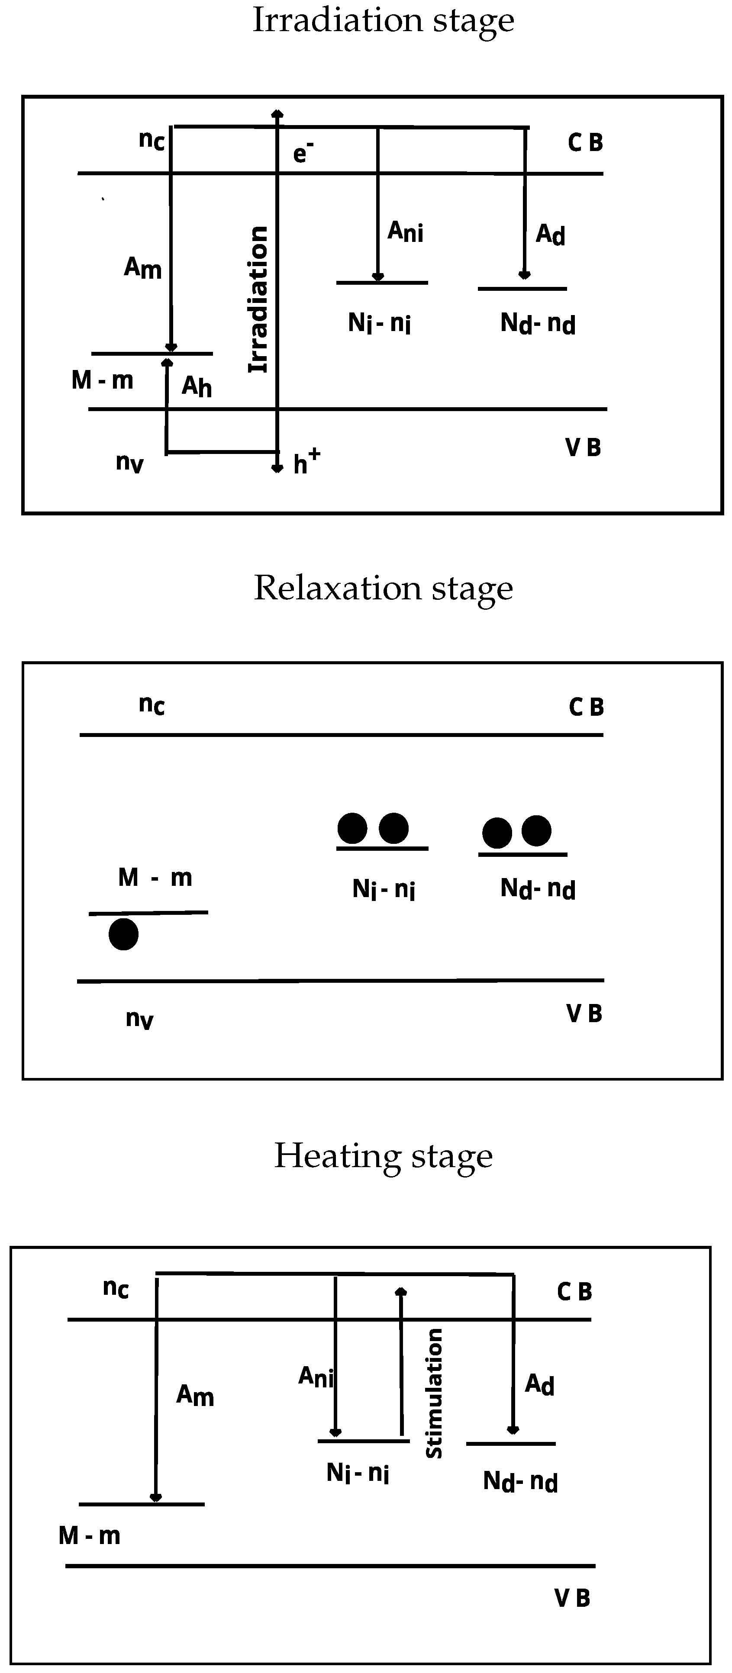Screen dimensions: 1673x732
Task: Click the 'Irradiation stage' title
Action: point(383,21)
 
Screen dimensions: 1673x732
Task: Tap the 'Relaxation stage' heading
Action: point(383,589)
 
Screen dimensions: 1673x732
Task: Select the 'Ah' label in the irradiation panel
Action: point(196,386)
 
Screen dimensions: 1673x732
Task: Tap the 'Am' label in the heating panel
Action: point(195,1395)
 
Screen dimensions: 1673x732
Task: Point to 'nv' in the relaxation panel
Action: point(139,1018)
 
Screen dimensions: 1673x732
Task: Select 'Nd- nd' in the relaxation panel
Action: point(538,888)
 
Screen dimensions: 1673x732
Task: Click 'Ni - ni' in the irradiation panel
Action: point(379,323)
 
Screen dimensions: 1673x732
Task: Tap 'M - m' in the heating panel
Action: point(89,1535)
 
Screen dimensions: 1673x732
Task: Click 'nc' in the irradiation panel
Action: point(152,140)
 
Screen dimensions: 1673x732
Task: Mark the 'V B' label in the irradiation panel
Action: point(583,447)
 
